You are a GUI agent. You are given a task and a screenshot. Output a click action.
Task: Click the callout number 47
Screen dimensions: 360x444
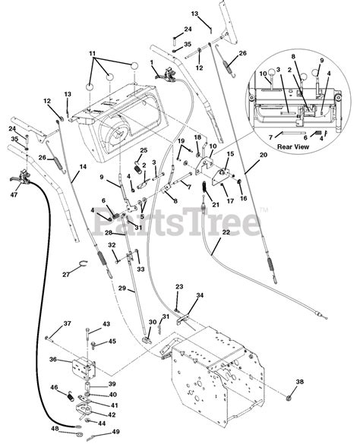(14, 194)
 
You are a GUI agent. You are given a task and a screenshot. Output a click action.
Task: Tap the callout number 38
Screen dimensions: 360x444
(300, 382)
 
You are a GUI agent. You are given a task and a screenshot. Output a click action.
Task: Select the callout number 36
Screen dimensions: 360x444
(53, 359)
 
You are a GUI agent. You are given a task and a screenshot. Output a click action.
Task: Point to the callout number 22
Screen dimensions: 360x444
(226, 232)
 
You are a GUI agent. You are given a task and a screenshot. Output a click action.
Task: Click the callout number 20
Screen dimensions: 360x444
(264, 155)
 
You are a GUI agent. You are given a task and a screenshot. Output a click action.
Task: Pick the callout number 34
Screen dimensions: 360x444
(200, 295)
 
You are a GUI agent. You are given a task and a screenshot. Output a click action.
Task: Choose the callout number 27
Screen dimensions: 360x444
(66, 275)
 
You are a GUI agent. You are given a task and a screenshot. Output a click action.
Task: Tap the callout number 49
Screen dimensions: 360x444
(115, 432)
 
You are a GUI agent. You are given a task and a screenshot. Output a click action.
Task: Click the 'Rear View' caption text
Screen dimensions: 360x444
(293, 146)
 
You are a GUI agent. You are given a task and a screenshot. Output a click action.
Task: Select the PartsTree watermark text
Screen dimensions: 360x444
(176, 222)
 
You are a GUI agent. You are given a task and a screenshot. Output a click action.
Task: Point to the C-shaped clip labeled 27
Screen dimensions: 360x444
(83, 263)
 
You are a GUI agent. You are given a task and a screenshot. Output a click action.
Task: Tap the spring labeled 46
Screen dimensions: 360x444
(71, 395)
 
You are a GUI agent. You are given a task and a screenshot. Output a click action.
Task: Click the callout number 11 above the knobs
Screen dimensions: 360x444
(93, 53)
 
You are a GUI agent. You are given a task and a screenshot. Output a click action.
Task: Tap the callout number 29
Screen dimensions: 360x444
(122, 288)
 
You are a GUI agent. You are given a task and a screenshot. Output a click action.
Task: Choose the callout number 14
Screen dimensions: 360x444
(83, 167)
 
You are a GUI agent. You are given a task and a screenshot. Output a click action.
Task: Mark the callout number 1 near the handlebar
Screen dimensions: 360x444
(152, 62)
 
